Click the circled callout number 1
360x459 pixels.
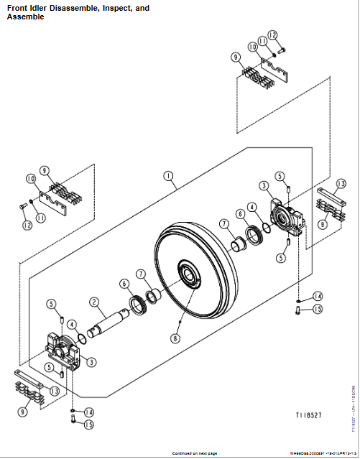click(x=167, y=175)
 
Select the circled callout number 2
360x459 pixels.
click(x=94, y=302)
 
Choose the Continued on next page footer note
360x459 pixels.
click(x=190, y=453)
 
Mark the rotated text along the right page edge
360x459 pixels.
click(x=353, y=417)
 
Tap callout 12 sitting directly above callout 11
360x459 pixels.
click(x=272, y=34)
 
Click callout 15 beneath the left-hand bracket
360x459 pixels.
click(x=88, y=424)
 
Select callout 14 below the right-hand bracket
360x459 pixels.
click(x=317, y=296)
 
